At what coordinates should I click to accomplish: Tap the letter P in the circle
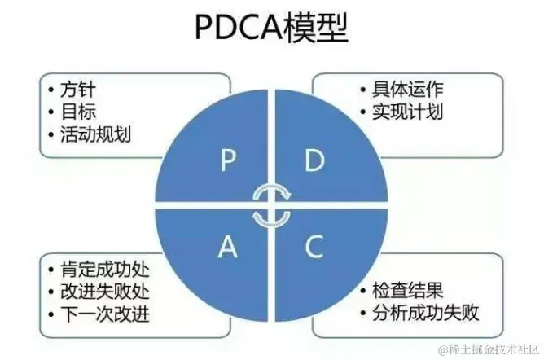tap(227, 162)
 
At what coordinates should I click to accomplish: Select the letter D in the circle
tap(314, 162)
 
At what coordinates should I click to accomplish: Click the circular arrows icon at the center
tap(270, 204)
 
